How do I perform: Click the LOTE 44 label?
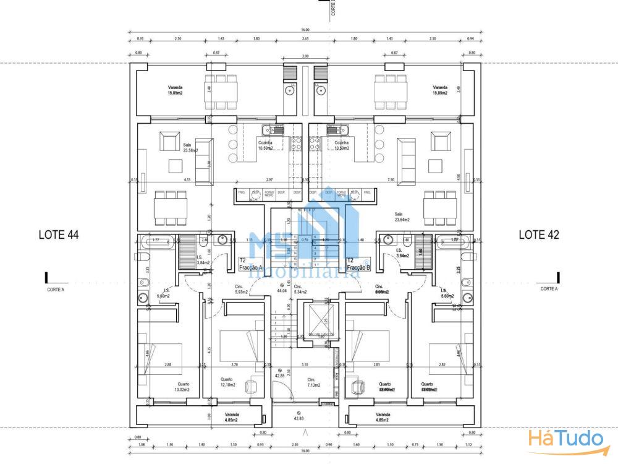tap(59, 234)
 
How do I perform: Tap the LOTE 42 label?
tap(539, 234)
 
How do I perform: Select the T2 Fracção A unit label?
tap(251, 264)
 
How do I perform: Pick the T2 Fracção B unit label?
tap(358, 264)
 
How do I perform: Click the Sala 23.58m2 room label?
tap(188, 147)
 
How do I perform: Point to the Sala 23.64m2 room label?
tap(402, 216)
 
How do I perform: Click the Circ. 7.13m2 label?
tap(313, 382)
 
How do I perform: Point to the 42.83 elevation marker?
tap(299, 416)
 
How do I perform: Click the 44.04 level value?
tap(282, 288)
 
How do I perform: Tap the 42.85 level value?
tap(280, 373)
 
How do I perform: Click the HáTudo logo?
tap(565, 440)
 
